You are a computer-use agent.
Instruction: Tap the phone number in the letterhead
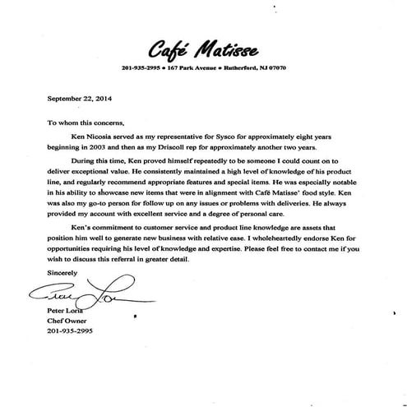tap(140, 67)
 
